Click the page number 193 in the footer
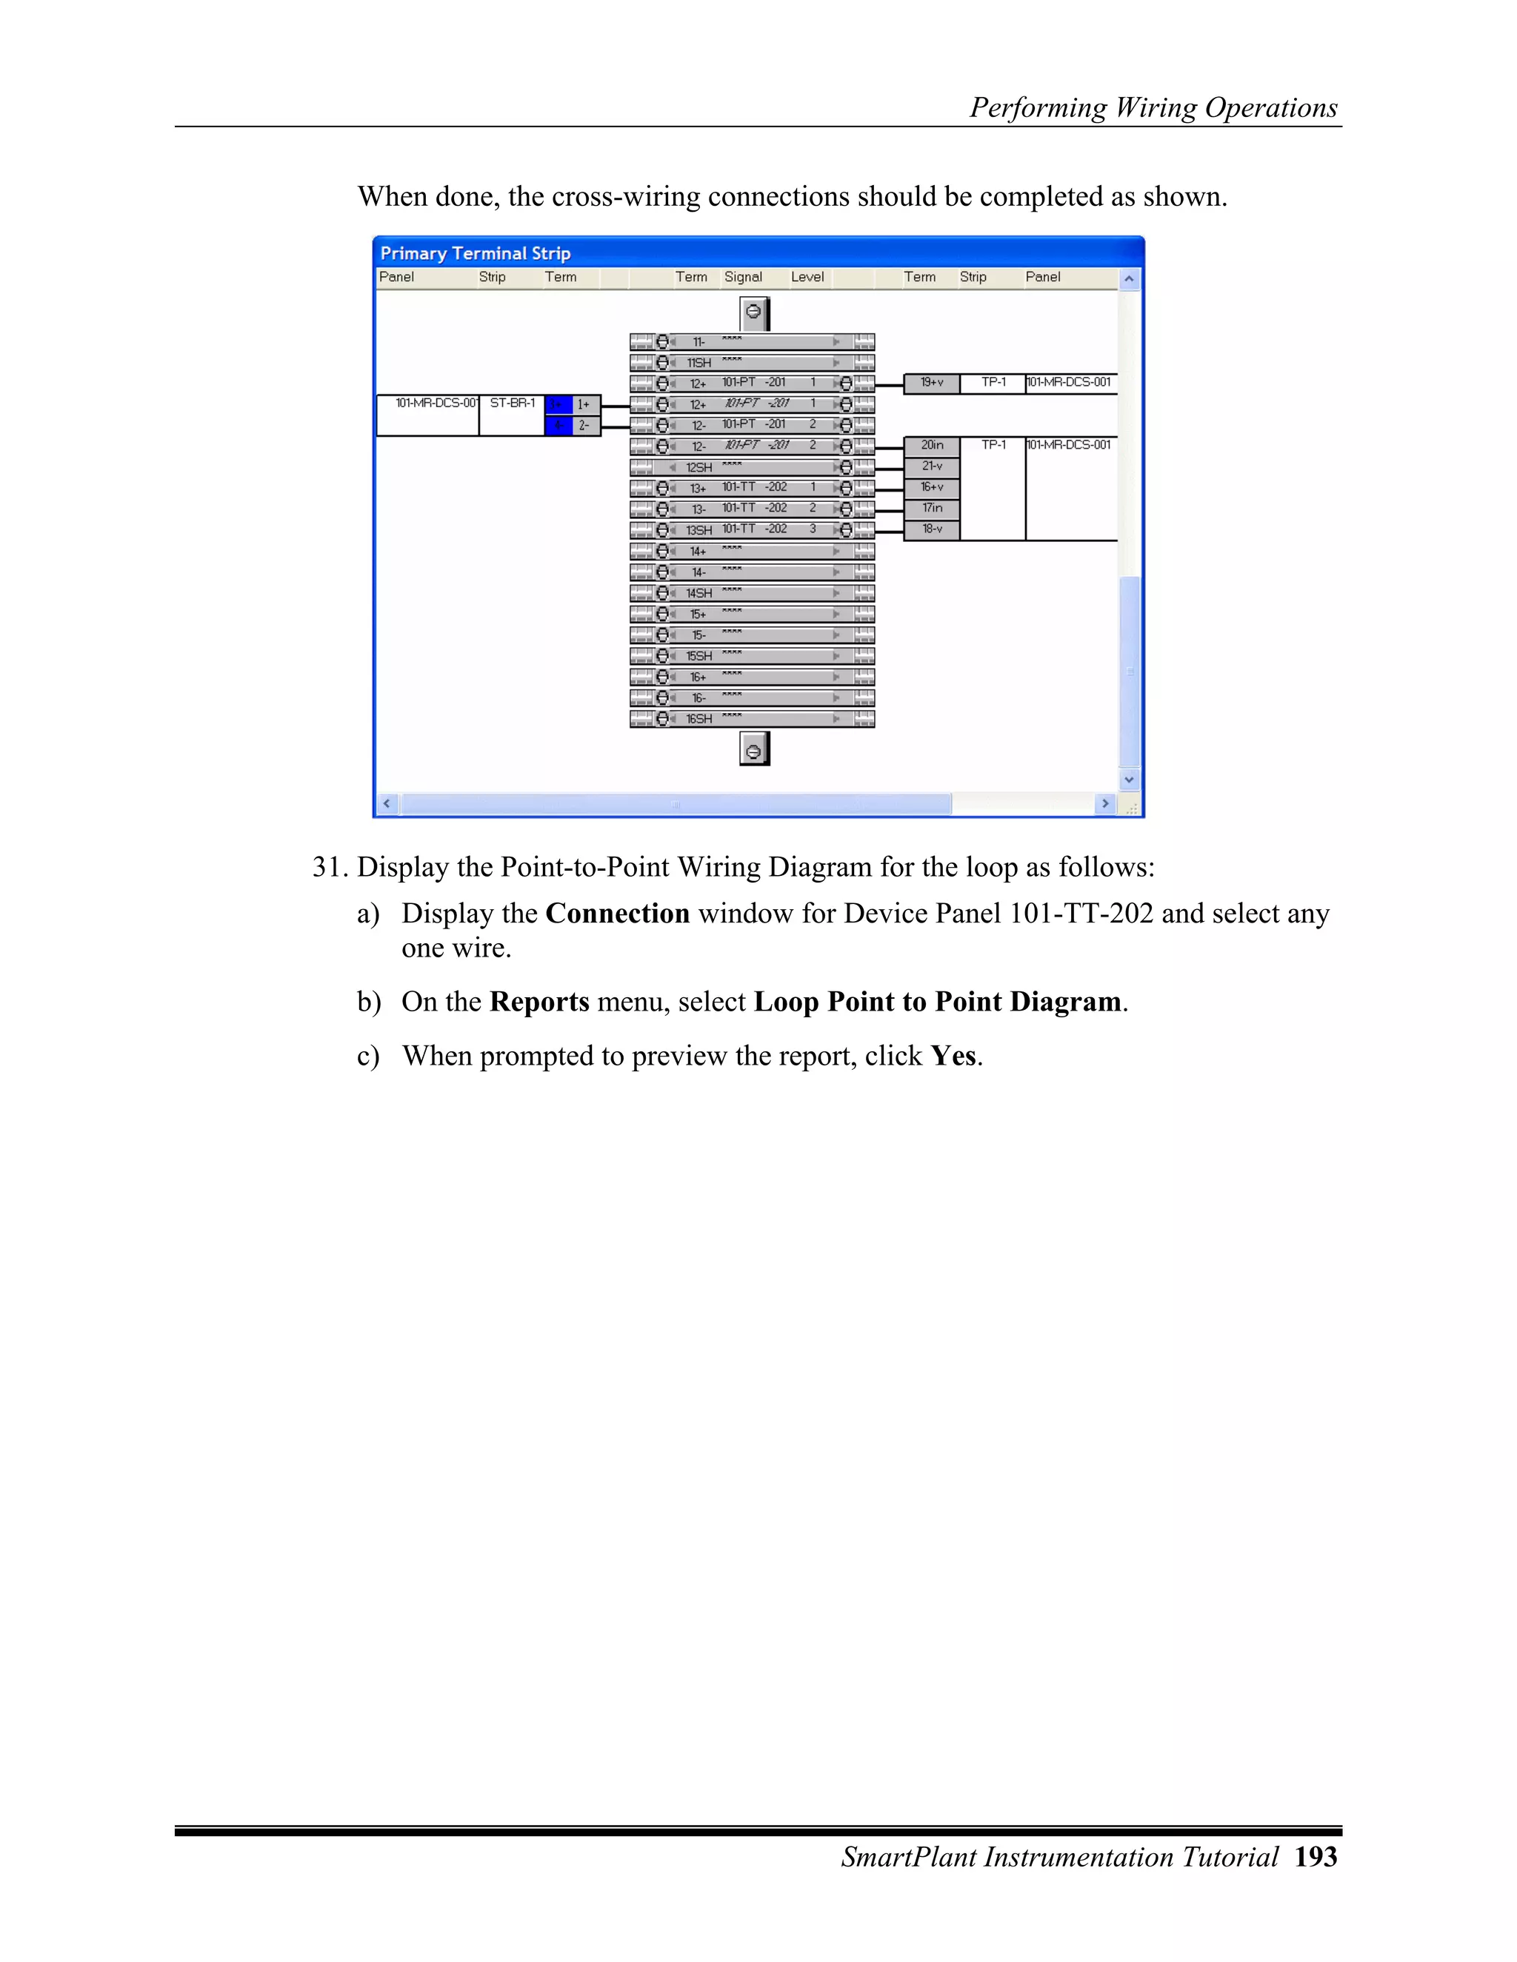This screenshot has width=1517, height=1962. [1316, 1856]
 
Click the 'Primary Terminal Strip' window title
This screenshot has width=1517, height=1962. [475, 253]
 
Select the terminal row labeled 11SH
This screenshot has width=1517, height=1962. [699, 363]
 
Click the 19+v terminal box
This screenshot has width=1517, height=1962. [931, 383]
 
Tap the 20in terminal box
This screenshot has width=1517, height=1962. [931, 446]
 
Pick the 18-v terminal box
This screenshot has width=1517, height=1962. [931, 529]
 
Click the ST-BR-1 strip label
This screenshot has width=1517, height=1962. [513, 404]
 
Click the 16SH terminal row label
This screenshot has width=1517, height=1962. [699, 719]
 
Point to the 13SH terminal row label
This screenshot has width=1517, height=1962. [699, 530]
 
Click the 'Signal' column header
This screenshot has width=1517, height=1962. [742, 277]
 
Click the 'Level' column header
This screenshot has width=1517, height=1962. [807, 277]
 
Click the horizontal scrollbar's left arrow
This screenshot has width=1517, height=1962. [387, 803]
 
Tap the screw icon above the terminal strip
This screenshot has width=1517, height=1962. [754, 312]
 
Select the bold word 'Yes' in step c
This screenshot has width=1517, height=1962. [953, 1056]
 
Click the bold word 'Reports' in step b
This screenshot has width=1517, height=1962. [539, 1002]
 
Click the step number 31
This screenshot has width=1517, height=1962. [328, 867]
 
